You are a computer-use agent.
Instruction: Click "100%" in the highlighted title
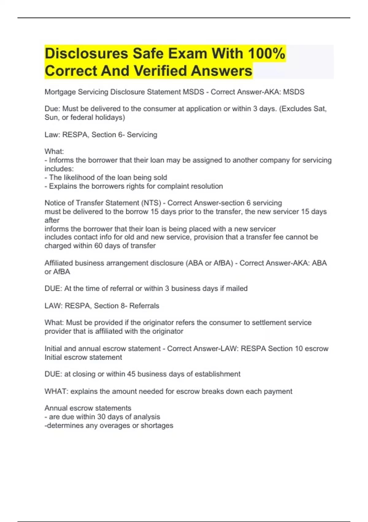[266, 53]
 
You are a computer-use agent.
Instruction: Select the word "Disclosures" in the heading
[86, 53]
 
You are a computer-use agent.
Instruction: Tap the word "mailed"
[237, 289]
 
